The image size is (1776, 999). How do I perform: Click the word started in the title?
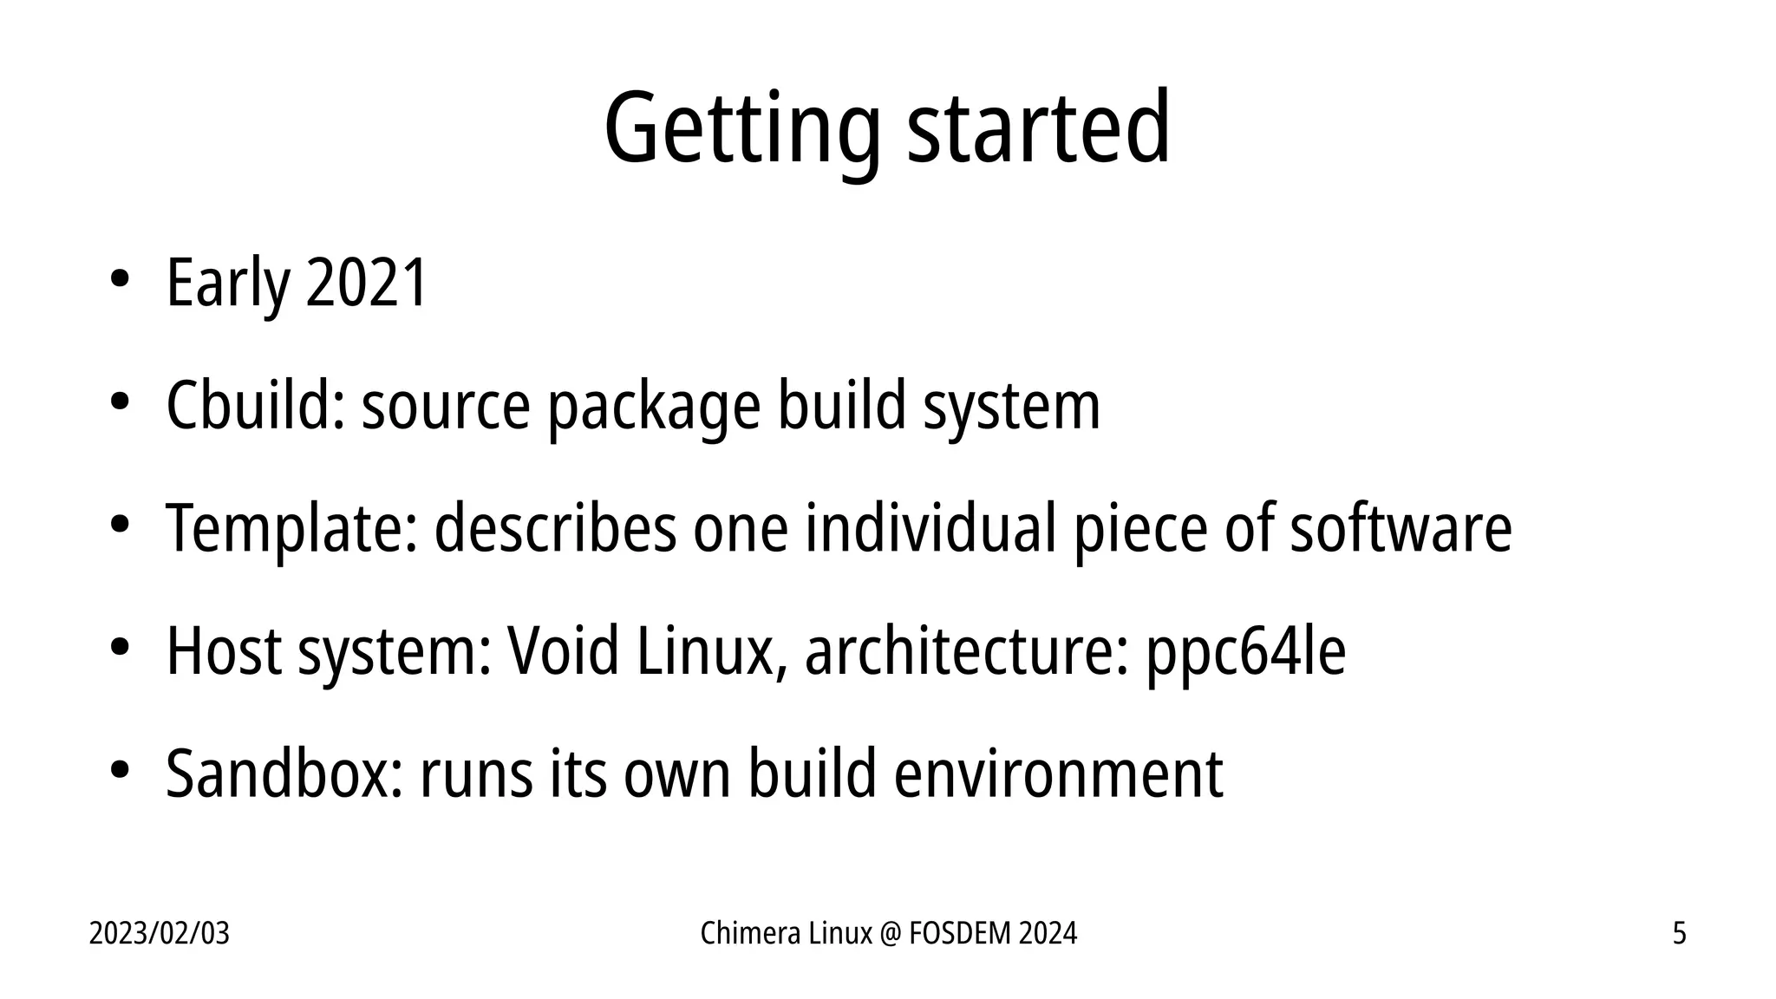click(x=1038, y=128)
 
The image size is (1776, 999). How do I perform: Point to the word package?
click(x=654, y=408)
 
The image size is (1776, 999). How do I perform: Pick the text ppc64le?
click(x=1246, y=652)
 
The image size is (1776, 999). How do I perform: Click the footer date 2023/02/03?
click(x=160, y=934)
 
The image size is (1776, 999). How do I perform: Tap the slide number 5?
click(x=1679, y=934)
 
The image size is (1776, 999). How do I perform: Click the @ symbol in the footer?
click(x=891, y=934)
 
